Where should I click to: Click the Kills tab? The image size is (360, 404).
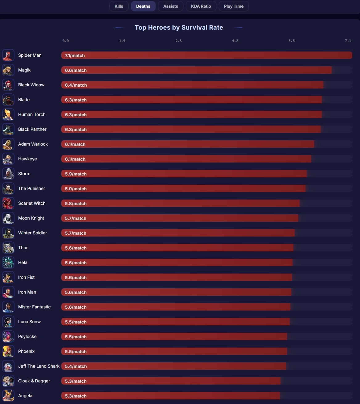tap(119, 6)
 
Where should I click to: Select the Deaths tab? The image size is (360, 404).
tap(143, 6)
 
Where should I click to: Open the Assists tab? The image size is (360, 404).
tap(170, 6)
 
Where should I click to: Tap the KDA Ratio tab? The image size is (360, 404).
tap(201, 6)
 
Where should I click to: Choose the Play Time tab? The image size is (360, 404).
tap(234, 6)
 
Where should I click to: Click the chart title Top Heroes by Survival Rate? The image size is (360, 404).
tap(179, 27)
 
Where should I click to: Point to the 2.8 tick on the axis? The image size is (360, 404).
tap(178, 41)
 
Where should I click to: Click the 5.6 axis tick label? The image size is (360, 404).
tap(292, 41)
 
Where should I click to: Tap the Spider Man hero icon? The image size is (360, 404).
tap(8, 56)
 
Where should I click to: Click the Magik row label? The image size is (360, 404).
tap(24, 70)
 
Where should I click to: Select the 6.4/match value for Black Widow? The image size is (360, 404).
tap(76, 85)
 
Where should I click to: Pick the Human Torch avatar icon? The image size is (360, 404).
tap(8, 115)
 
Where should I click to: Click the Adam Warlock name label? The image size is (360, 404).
tap(33, 144)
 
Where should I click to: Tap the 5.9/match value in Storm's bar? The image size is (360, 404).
tap(76, 174)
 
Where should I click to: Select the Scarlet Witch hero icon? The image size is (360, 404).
tap(8, 204)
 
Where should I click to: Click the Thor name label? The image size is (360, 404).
tap(23, 248)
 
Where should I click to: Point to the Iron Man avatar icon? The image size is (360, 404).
tap(8, 292)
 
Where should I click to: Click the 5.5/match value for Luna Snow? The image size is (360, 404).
tap(76, 322)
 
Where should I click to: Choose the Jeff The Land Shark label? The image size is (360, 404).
tap(39, 366)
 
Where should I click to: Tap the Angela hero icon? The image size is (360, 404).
tap(8, 396)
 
